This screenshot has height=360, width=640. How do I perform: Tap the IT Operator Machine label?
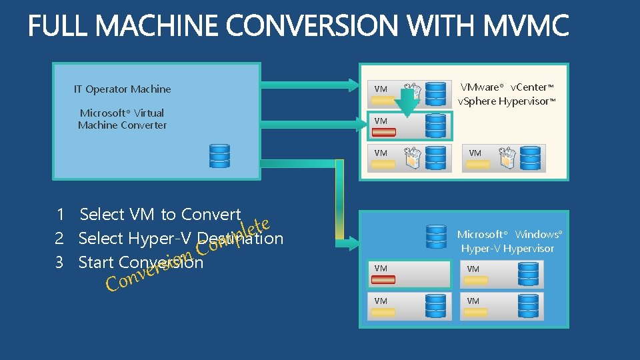(x=122, y=89)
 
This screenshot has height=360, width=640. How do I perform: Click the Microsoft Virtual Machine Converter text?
(x=122, y=119)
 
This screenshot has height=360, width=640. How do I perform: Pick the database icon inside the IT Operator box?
(x=219, y=155)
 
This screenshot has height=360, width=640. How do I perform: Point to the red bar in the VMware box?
(x=384, y=132)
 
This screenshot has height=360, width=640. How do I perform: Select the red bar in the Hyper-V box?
(x=383, y=279)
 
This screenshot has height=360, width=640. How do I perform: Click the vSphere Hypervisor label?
(x=506, y=101)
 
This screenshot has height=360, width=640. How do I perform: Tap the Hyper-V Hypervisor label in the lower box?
(x=507, y=249)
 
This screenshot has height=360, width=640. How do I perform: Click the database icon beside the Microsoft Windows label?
(x=436, y=236)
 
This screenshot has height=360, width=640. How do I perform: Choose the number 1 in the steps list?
(x=60, y=215)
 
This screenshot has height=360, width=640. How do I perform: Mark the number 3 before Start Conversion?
(x=59, y=263)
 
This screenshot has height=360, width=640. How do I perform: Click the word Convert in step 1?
(x=211, y=215)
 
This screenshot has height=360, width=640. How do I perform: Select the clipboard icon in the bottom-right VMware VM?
(x=508, y=157)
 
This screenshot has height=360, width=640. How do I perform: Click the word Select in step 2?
(x=101, y=239)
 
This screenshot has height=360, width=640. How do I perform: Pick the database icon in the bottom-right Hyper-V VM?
(x=529, y=305)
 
